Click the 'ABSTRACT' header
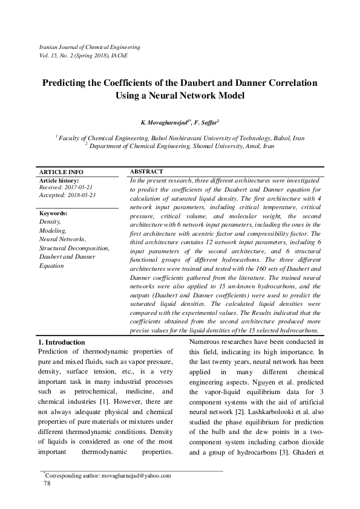[146, 172]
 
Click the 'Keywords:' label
[53, 214]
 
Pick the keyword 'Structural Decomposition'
[74, 248]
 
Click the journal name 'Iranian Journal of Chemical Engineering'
[89, 47]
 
